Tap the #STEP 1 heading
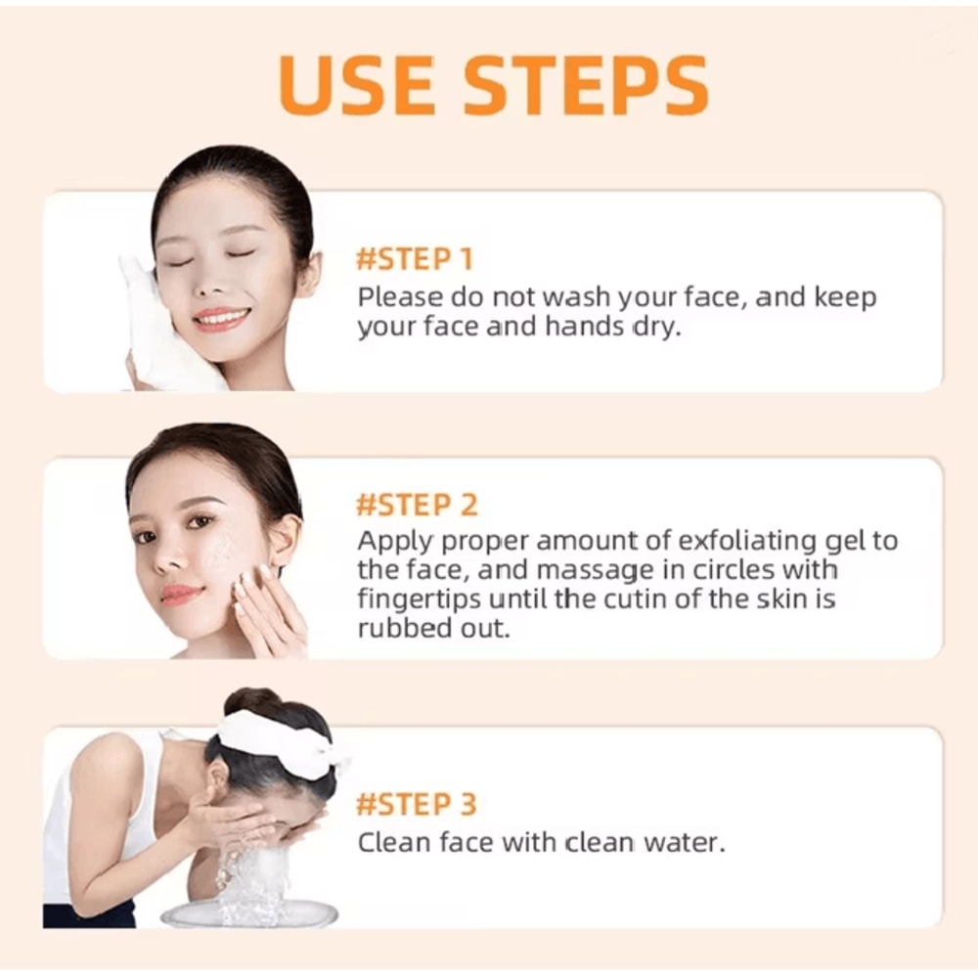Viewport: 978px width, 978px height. pyautogui.click(x=415, y=260)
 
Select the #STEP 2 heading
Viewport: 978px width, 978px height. pyautogui.click(x=417, y=506)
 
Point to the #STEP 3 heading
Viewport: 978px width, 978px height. pyautogui.click(x=417, y=805)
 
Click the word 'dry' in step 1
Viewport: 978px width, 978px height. pyautogui.click(x=653, y=327)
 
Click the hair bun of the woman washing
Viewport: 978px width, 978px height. pyautogui.click(x=252, y=702)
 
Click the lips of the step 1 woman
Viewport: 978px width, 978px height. pyautogui.click(x=221, y=318)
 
